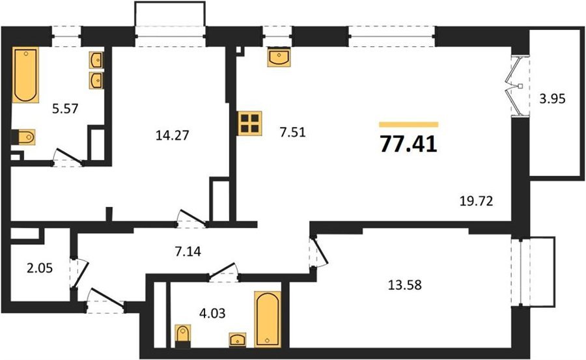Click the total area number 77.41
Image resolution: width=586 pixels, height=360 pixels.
[x=408, y=144]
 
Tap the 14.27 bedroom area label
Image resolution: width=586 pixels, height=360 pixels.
[x=173, y=135]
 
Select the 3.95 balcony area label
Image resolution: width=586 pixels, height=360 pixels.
[x=552, y=99]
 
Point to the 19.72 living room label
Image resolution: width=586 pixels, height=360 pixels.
[x=476, y=201]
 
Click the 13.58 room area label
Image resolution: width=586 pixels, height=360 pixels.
[x=405, y=285]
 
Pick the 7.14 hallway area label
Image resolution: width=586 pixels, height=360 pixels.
[x=188, y=251]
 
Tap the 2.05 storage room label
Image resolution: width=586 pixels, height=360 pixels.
[x=40, y=268]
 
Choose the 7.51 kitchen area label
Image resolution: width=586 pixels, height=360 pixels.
[x=293, y=132]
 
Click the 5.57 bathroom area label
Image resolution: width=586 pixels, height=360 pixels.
[x=65, y=109]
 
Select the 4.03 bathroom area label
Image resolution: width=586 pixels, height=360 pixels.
[x=212, y=313]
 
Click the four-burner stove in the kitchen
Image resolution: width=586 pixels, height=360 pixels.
[x=250, y=124]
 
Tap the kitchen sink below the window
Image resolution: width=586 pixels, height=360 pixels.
[x=279, y=57]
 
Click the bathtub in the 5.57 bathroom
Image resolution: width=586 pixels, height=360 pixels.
[x=25, y=75]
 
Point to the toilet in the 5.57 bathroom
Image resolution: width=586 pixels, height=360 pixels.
[x=23, y=137]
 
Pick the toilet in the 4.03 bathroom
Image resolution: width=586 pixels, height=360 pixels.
[x=183, y=333]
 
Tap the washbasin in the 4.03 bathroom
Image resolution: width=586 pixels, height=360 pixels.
[x=238, y=339]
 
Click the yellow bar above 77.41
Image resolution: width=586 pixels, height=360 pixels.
[x=408, y=124]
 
